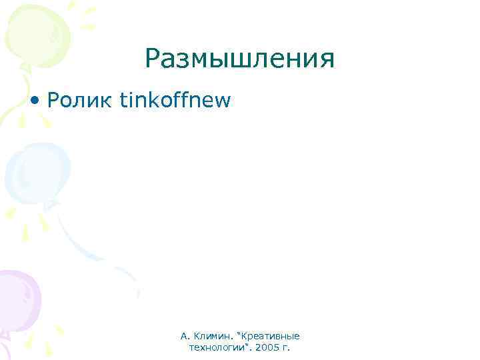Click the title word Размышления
239,60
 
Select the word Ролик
79,100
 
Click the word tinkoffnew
175,100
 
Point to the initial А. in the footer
185,336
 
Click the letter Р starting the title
152,60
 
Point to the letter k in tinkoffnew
156,100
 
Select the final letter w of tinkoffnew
223,101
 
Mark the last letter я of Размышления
326,61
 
